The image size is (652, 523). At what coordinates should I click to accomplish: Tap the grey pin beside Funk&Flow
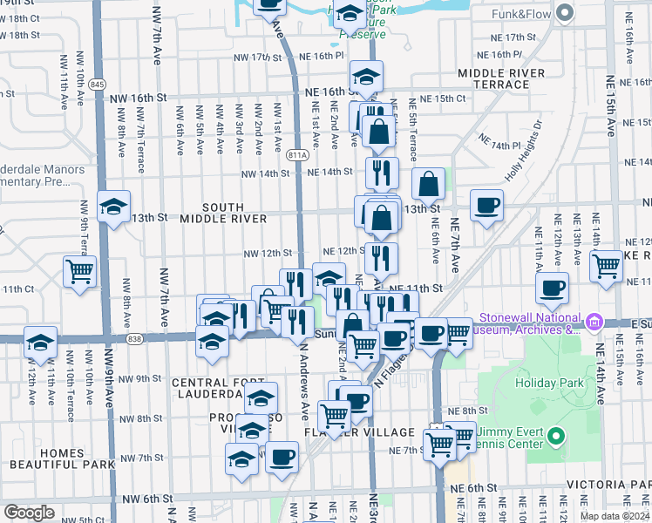(564, 13)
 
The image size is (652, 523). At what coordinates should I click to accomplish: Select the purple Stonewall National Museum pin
(594, 323)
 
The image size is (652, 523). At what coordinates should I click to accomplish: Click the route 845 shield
(97, 85)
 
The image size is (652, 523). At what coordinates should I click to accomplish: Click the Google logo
(29, 513)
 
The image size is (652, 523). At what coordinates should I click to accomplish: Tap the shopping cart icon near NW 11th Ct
(79, 271)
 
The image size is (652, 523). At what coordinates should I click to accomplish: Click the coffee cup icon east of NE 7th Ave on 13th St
(487, 207)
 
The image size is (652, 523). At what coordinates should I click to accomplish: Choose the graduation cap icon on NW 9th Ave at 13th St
(113, 207)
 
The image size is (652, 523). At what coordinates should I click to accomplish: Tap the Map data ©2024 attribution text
(615, 516)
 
